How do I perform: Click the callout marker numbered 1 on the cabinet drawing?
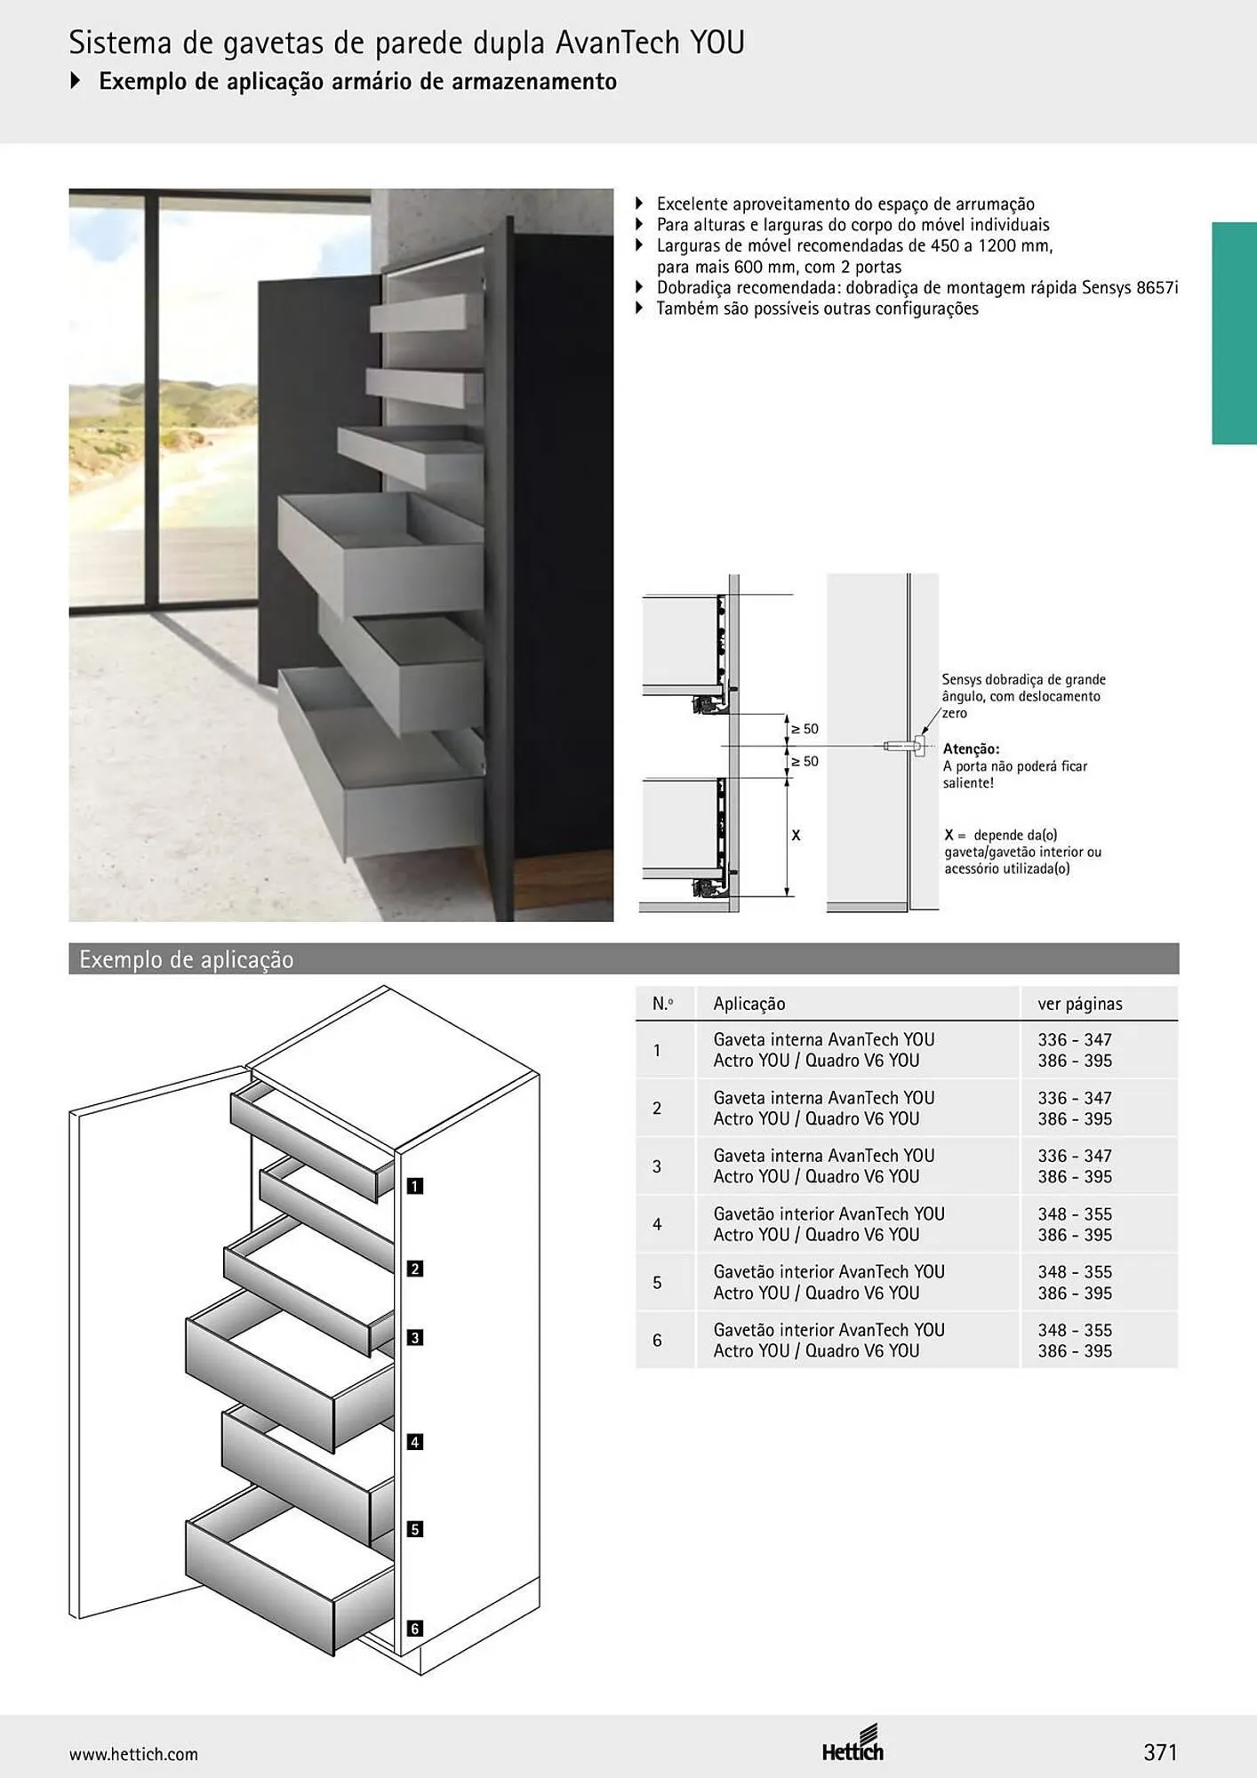click(414, 1186)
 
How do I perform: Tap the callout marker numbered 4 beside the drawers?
click(414, 1442)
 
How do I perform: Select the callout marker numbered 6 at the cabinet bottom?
click(414, 1629)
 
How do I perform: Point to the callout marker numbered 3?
click(414, 1337)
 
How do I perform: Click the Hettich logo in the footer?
click(853, 1744)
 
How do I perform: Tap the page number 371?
click(1160, 1752)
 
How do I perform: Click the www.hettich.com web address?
click(133, 1754)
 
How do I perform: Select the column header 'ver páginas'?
click(1080, 1004)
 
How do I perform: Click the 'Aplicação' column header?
click(749, 1004)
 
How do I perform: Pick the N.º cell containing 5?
click(657, 1283)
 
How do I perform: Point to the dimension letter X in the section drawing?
click(796, 836)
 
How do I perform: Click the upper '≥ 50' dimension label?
click(805, 729)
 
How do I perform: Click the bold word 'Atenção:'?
click(971, 749)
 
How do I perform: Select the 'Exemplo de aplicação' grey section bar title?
click(187, 960)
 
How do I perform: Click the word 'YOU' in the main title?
click(717, 42)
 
